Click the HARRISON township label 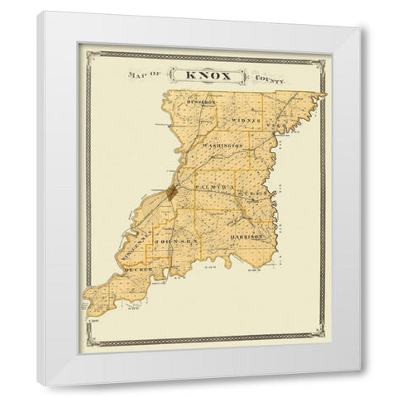point(246,237)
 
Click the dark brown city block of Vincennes point(170,192)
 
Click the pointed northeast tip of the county point(326,93)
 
